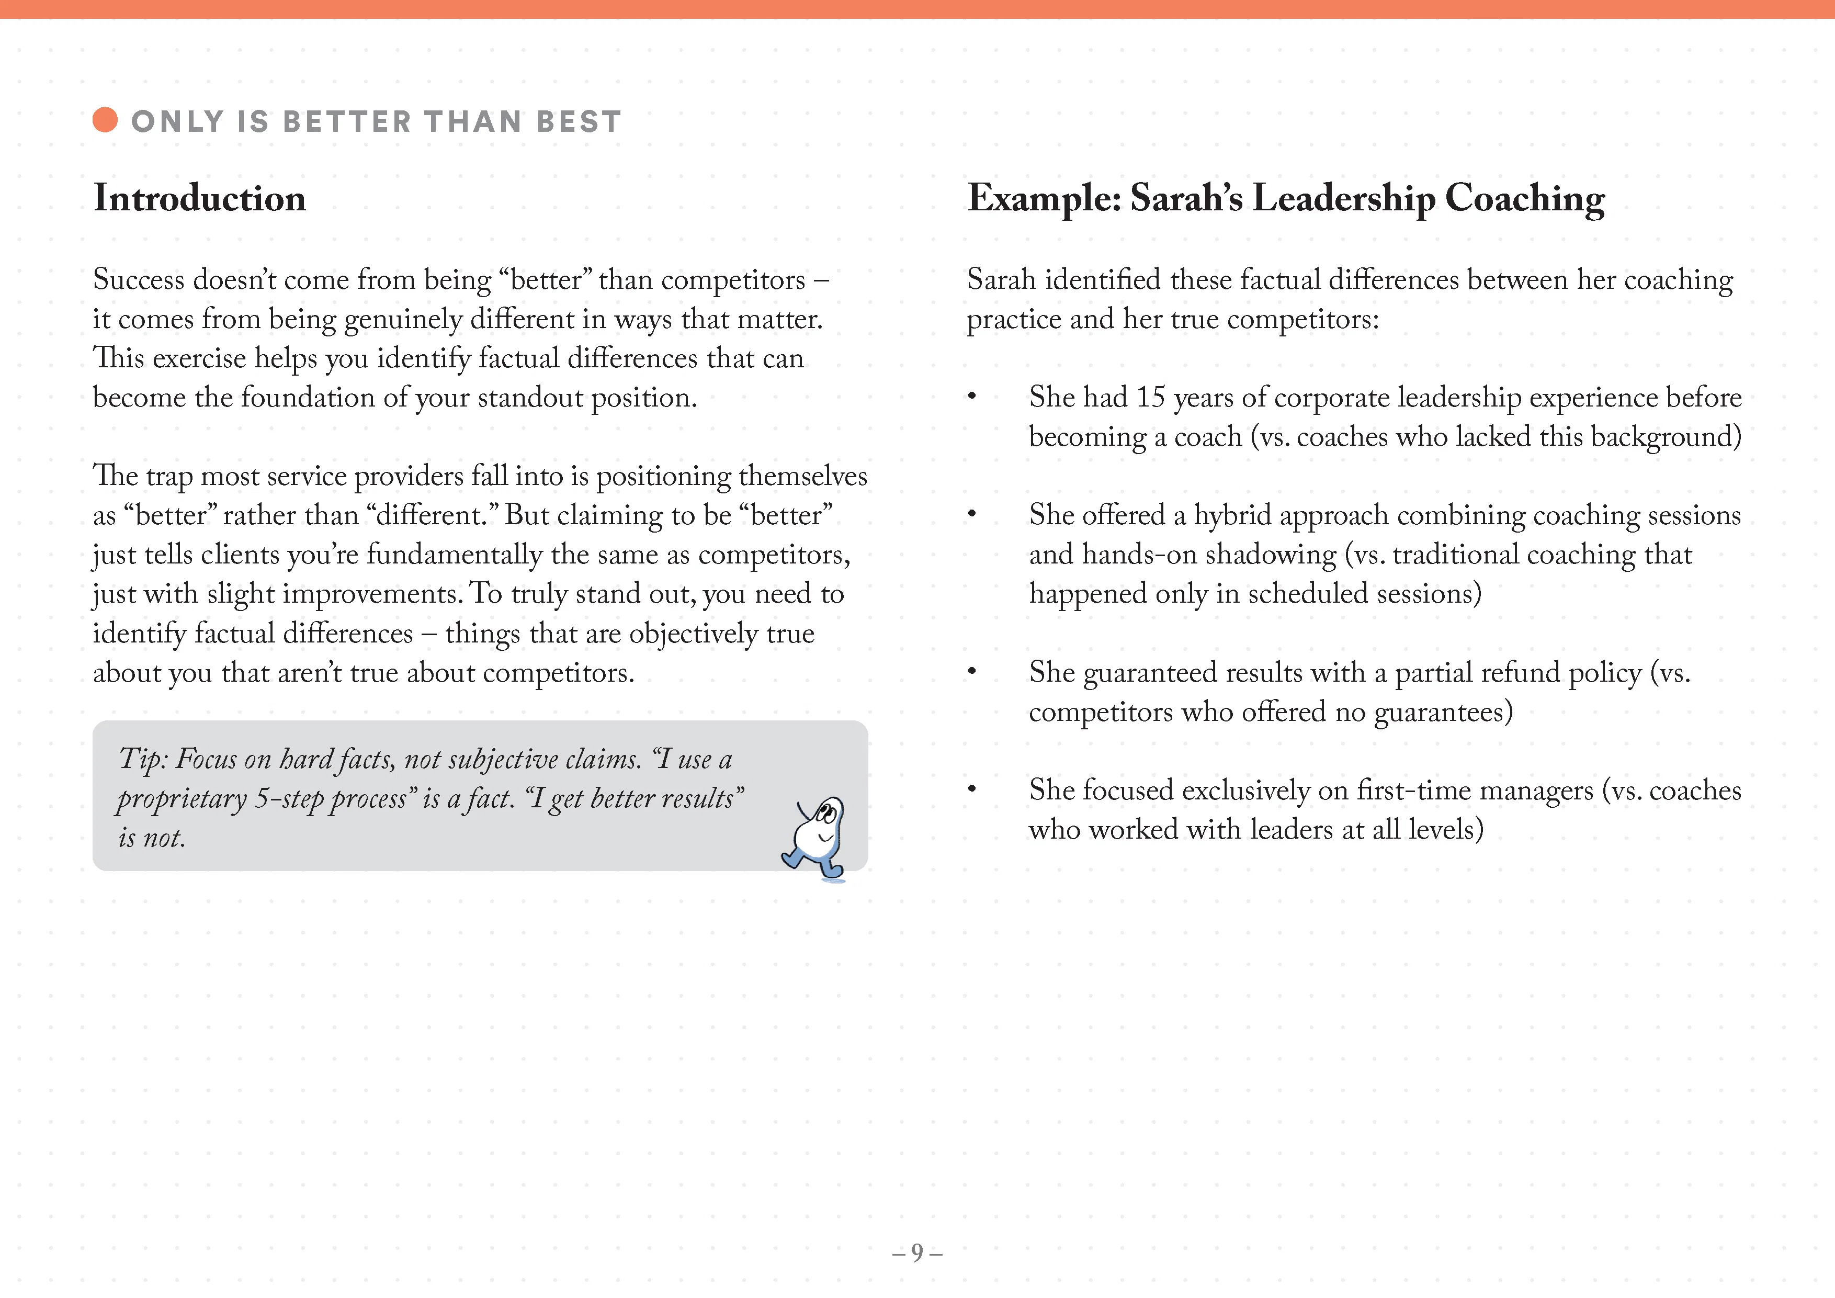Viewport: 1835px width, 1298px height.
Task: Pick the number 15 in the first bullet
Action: coord(1150,397)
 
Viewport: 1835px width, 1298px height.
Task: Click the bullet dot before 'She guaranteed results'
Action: coord(972,671)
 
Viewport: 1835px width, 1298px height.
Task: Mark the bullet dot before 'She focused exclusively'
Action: coord(972,789)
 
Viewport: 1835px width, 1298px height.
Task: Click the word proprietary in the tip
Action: coord(182,798)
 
